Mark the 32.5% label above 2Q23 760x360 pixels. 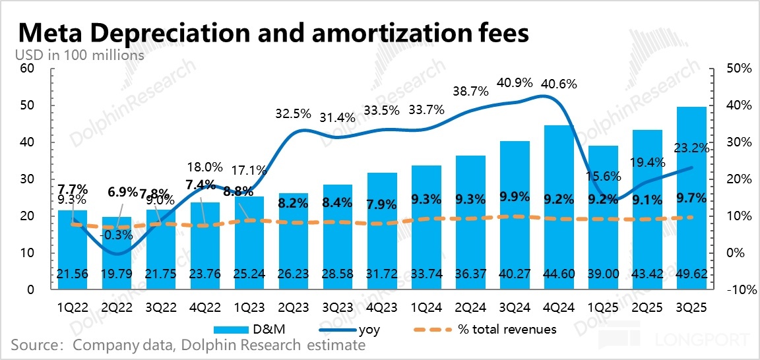[x=292, y=113]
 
